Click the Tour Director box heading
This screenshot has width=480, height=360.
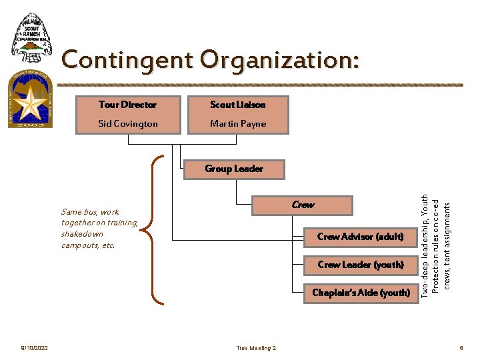click(127, 105)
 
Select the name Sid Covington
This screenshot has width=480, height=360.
click(127, 123)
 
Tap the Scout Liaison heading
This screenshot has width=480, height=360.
click(237, 105)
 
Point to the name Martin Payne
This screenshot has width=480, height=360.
click(237, 123)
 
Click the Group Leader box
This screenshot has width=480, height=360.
click(234, 169)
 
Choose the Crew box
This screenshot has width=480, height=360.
click(302, 205)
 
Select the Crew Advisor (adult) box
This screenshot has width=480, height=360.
click(360, 237)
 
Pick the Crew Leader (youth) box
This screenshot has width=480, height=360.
click(360, 265)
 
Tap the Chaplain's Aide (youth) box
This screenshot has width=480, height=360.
click(361, 293)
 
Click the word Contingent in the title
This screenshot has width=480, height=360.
click(127, 61)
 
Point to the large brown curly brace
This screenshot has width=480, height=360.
click(157, 229)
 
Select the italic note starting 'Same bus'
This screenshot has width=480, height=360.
click(99, 229)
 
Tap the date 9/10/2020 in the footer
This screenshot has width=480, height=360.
click(34, 348)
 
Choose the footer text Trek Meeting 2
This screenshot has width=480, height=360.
click(256, 348)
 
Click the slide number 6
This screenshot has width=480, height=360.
click(460, 348)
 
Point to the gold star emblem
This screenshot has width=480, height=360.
click(29, 103)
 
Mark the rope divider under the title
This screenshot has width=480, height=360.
click(260, 85)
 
